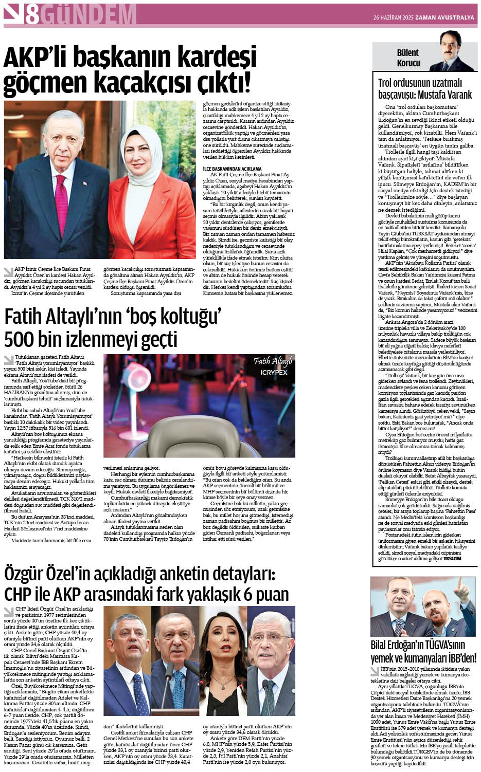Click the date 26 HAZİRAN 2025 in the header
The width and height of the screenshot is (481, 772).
coord(396,18)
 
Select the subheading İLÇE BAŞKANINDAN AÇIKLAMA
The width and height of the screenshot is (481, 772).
coord(232,169)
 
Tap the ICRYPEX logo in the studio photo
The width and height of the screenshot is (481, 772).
coord(274,372)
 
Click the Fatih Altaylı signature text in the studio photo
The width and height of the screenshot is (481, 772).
coord(273,361)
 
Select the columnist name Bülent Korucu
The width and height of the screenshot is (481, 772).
coord(408,58)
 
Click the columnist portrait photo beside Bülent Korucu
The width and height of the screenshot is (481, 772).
coord(444,51)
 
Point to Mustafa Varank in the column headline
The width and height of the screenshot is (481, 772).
coord(444,95)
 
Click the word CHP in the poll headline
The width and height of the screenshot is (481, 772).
coord(19,594)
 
